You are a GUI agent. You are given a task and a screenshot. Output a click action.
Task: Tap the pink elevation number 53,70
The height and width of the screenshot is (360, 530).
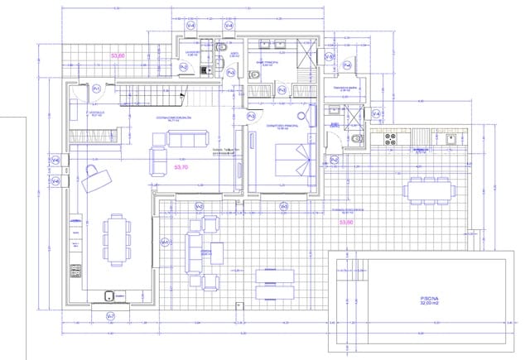182,166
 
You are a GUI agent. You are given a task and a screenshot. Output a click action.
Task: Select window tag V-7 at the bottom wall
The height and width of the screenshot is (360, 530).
111,316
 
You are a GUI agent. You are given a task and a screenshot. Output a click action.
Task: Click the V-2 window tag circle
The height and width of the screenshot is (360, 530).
199,206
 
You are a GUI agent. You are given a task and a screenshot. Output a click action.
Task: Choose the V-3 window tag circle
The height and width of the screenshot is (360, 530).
284,206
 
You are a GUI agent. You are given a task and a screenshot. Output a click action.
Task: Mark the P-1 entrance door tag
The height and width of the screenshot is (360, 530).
96,88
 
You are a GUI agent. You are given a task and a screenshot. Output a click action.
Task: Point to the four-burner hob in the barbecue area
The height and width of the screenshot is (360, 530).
387,140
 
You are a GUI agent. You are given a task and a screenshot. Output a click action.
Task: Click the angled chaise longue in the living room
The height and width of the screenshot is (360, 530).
98,175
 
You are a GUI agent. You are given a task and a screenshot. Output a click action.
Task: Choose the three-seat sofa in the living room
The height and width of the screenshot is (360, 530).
187,139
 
